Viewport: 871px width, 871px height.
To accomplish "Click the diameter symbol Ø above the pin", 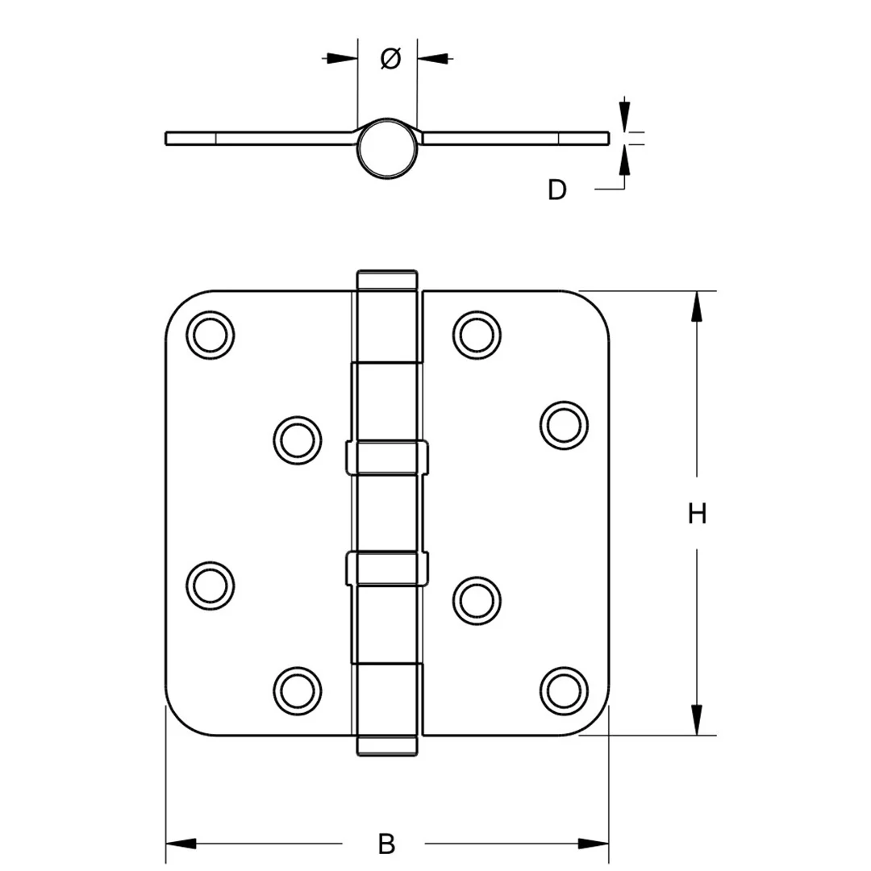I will [x=389, y=58].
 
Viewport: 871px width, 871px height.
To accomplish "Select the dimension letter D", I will [x=557, y=190].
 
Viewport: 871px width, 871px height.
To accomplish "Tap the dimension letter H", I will [x=697, y=514].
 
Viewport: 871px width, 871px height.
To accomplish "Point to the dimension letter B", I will [x=387, y=844].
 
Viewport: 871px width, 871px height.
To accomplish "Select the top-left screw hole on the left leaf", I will [x=210, y=334].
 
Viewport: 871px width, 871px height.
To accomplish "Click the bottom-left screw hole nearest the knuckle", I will [x=298, y=688].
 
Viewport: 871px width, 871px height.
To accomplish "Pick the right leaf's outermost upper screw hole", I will [x=563, y=424].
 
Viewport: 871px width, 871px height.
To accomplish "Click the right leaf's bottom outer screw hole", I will [x=563, y=688].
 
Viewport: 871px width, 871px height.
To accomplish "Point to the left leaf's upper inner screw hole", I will [x=298, y=440].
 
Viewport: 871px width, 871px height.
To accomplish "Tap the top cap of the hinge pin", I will [x=387, y=281].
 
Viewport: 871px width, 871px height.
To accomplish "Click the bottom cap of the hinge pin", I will [x=387, y=745].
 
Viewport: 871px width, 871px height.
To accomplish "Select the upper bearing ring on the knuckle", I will [x=387, y=457].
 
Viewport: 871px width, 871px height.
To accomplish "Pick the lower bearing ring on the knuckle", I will [x=387, y=568].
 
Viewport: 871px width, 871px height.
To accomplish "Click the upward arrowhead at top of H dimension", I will [x=697, y=306].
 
